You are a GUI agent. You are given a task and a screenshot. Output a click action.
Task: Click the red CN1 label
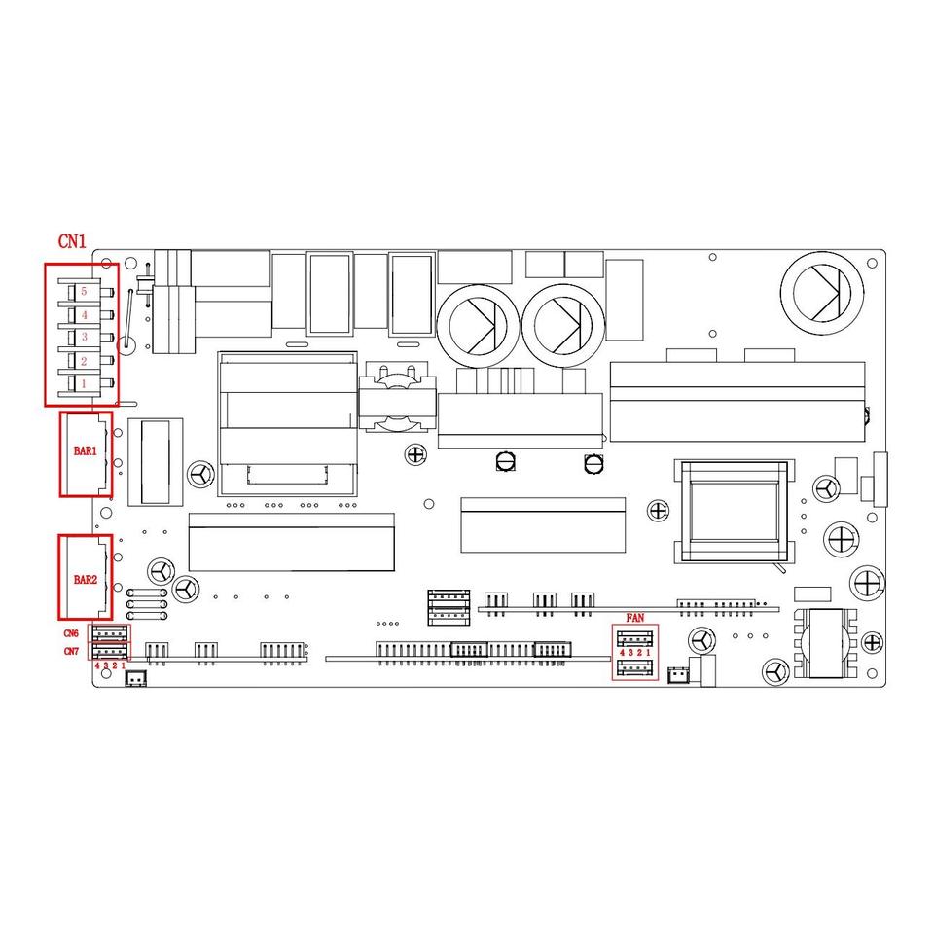[x=72, y=241]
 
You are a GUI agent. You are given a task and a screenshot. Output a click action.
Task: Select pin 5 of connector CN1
[x=85, y=292]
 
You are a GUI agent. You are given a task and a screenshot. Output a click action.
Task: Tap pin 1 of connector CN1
[x=85, y=384]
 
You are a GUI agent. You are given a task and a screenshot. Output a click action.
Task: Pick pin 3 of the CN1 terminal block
[x=85, y=337]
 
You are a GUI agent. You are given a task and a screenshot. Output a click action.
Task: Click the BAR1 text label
[x=86, y=451]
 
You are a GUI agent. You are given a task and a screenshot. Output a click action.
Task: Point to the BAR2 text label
[x=86, y=580]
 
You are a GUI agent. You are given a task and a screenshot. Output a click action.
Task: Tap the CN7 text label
[x=72, y=651]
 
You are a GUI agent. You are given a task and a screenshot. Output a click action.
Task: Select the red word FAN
[x=634, y=618]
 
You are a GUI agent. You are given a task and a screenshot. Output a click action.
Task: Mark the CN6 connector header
[x=110, y=634]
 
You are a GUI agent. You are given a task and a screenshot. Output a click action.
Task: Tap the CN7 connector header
[x=110, y=651]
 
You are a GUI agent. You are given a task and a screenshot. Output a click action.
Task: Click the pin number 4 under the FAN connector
[x=622, y=653]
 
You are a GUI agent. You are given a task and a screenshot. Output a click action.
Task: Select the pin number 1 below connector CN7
[x=124, y=665]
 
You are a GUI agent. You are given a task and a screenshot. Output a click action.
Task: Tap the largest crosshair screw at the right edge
[x=865, y=584]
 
